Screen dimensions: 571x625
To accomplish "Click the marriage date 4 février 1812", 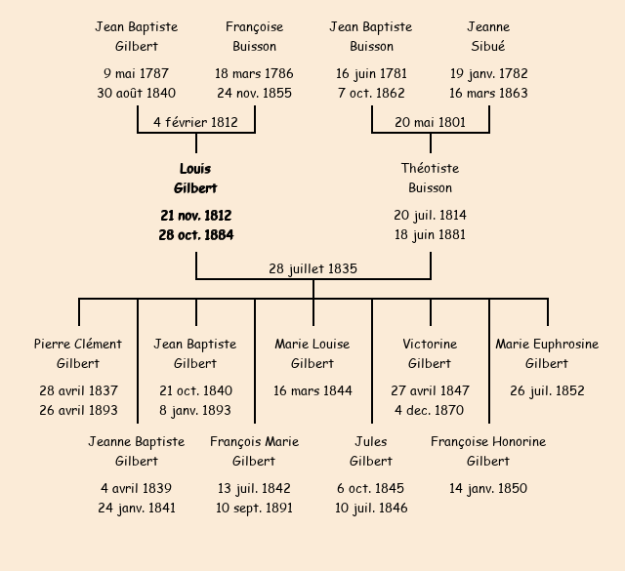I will (x=195, y=122).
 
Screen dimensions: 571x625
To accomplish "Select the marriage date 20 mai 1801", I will (x=430, y=122).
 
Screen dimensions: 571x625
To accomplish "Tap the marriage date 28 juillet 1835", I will (x=313, y=268).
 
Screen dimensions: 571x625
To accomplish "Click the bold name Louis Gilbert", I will (x=195, y=179).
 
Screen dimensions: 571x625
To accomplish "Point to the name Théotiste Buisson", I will (x=430, y=179).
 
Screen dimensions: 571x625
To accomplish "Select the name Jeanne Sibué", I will (x=488, y=36).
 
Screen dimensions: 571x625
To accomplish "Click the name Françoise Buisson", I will (x=254, y=36).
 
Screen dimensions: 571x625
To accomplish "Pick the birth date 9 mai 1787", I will (x=137, y=73).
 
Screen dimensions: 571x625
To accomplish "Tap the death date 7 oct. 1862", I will (x=371, y=94).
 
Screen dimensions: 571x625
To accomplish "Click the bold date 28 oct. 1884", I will (x=195, y=235).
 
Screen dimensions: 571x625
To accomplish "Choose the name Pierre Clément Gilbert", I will (x=78, y=353).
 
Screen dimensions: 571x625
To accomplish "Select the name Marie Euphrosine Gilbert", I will (x=547, y=353).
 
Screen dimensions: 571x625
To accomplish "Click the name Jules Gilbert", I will (x=371, y=451).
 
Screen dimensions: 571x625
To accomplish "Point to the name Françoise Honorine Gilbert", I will (x=488, y=451).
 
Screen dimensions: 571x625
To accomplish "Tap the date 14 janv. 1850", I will (x=488, y=488).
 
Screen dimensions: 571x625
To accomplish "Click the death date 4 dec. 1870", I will (x=430, y=410).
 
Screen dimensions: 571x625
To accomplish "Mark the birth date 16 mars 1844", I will (x=312, y=390).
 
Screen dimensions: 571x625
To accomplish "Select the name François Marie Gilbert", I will (x=254, y=451).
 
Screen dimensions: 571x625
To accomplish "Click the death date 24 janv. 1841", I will (x=137, y=508).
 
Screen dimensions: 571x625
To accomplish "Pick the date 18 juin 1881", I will (x=430, y=235).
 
